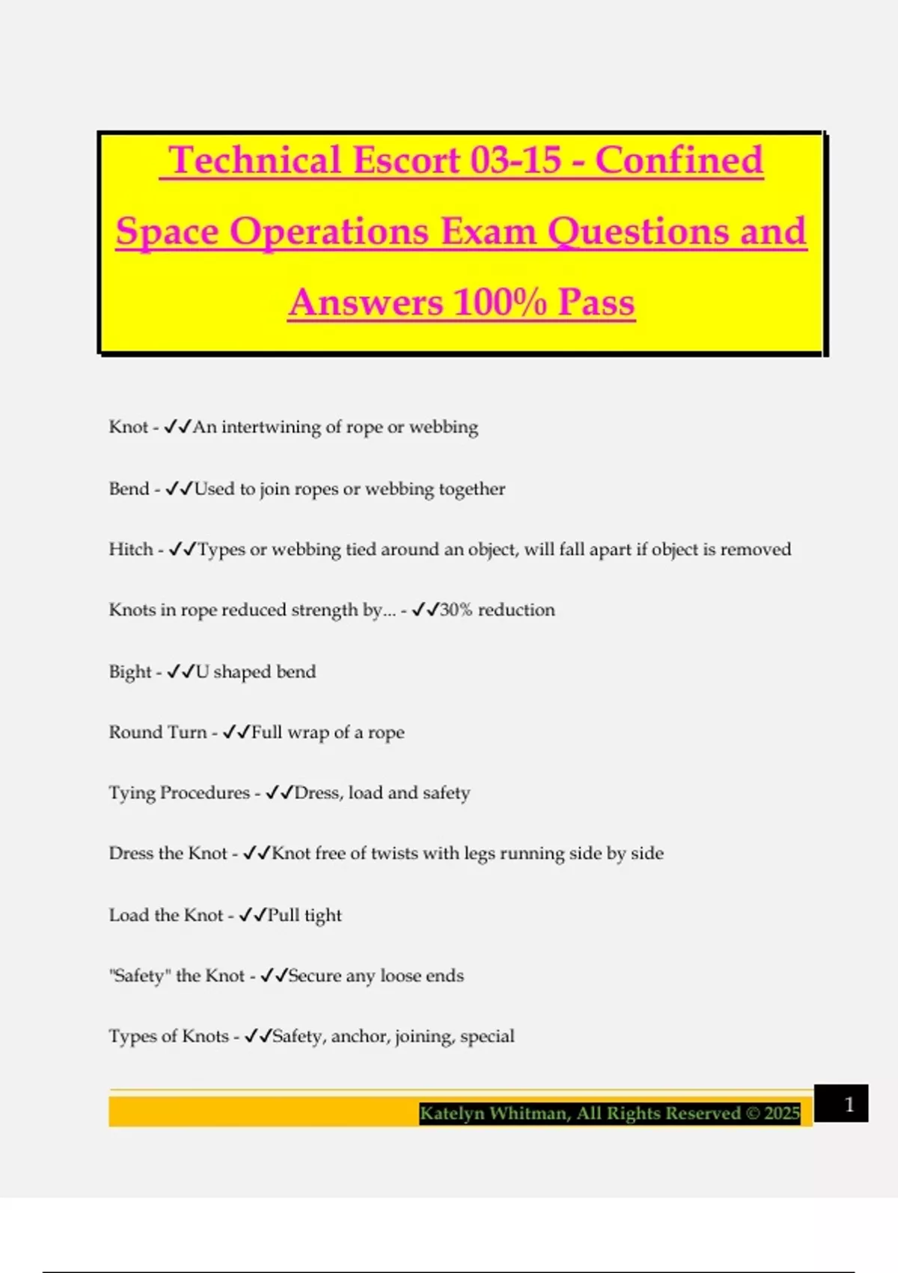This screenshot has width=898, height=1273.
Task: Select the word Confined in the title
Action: point(679,160)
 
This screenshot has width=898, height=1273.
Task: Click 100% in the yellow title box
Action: point(499,303)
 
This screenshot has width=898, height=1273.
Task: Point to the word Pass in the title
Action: point(596,303)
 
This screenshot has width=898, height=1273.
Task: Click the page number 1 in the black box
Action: point(849,1104)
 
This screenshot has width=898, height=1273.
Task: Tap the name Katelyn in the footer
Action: point(451,1114)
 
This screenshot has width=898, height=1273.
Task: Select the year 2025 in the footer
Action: point(782,1114)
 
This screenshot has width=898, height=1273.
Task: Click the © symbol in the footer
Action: point(752,1114)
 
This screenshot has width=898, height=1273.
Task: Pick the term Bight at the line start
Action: point(130,672)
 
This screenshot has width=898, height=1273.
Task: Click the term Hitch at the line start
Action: point(131,549)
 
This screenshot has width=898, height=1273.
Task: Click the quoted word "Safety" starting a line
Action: point(140,976)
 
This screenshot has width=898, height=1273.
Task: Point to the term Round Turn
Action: point(158,732)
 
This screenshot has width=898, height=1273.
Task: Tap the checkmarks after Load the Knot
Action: point(252,915)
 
